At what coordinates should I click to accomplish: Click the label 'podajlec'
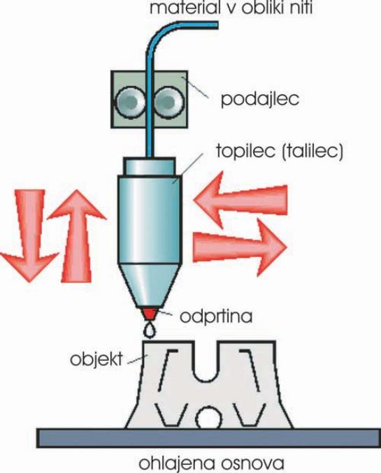[260, 99]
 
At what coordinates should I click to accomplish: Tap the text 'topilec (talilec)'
[280, 151]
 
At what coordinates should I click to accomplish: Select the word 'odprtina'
[216, 316]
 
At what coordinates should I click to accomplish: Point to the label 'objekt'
[96, 358]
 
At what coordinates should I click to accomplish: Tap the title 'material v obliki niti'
[231, 8]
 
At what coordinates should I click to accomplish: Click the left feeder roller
[131, 102]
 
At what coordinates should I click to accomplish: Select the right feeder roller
[168, 102]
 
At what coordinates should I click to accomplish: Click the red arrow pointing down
[30, 236]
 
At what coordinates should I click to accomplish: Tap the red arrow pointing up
[77, 236]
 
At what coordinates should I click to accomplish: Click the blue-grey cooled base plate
[208, 438]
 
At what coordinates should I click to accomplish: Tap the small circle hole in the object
[208, 418]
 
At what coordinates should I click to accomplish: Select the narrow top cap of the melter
[149, 166]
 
